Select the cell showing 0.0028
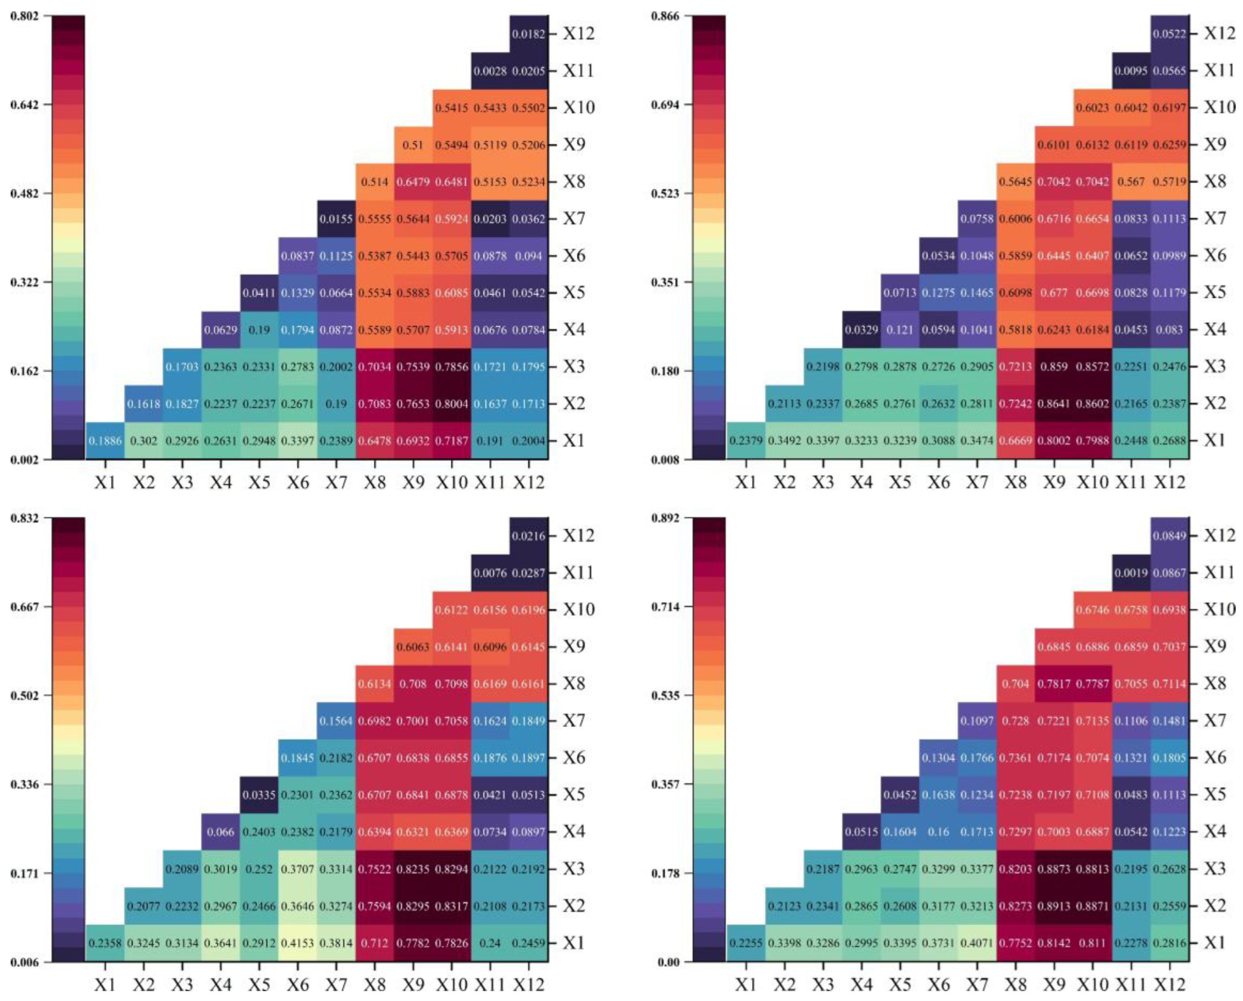click(490, 71)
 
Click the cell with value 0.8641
click(1054, 404)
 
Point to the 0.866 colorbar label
click(665, 16)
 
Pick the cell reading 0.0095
click(1130, 71)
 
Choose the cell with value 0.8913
click(1054, 906)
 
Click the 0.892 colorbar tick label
click(665, 518)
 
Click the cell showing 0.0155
click(336, 219)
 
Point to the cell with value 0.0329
click(861, 330)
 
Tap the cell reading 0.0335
click(259, 794)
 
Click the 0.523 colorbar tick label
click(665, 193)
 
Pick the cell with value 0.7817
click(1054, 684)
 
